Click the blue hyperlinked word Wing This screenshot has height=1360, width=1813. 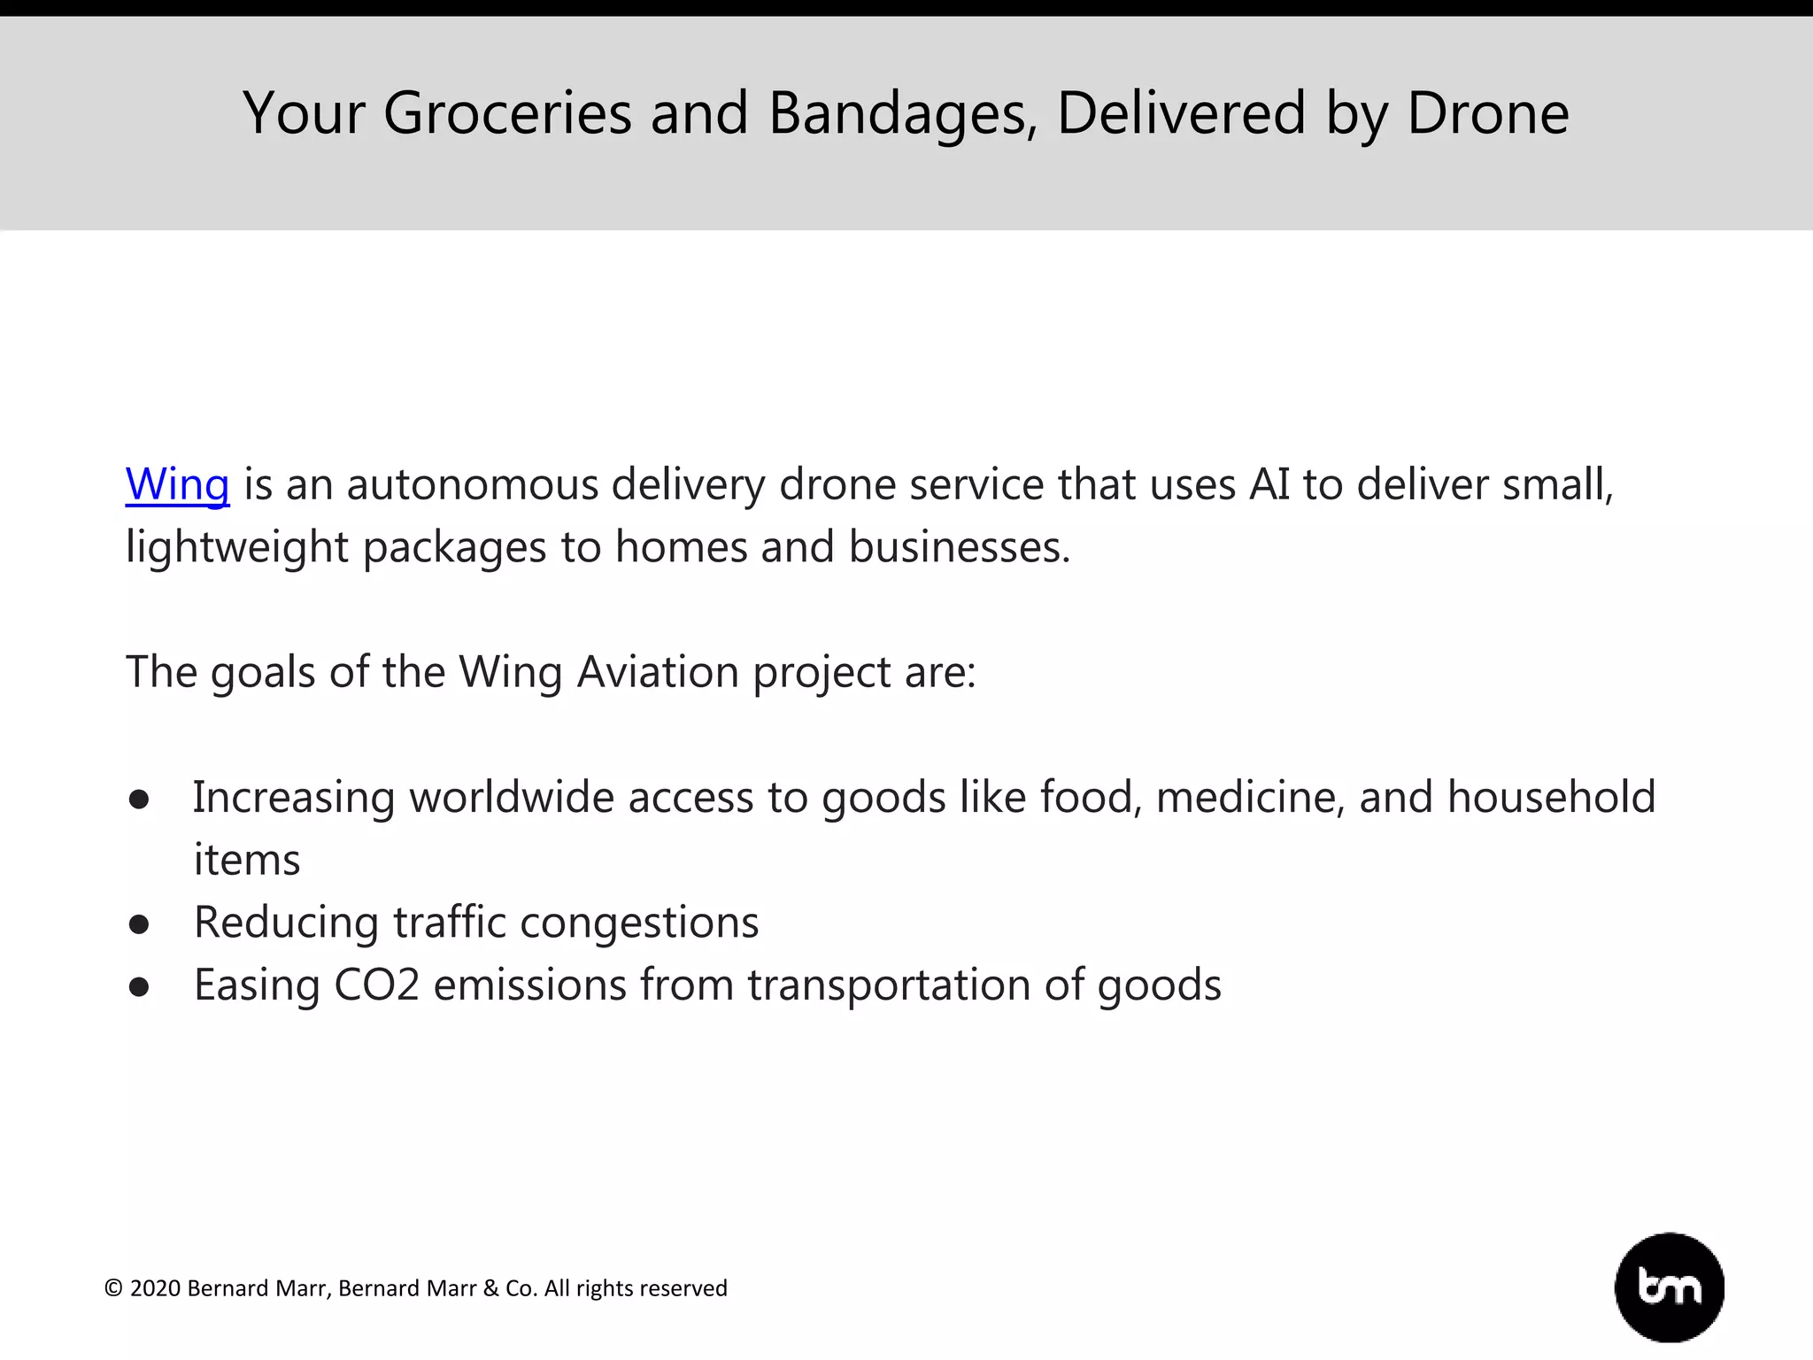[177, 484]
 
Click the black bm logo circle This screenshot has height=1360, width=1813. [1669, 1287]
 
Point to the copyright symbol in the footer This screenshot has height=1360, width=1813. [113, 1288]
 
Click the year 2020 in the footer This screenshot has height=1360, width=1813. [156, 1288]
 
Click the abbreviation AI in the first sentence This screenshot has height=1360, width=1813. [1269, 484]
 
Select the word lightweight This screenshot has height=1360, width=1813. [236, 547]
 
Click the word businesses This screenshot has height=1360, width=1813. [959, 547]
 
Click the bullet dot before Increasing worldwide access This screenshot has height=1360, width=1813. [138, 800]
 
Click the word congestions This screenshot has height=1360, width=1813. [638, 923]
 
